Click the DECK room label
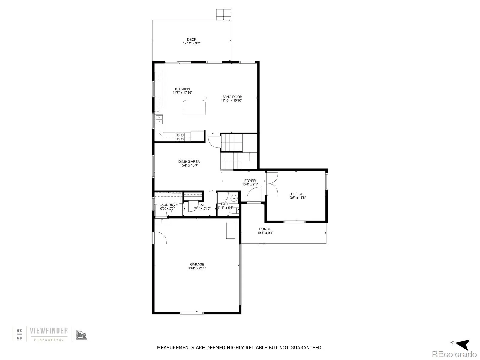pyautogui.click(x=192, y=39)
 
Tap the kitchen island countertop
pyautogui.click(x=194, y=107)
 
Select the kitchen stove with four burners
pyautogui.click(x=180, y=137)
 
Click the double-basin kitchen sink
pyautogui.click(x=159, y=120)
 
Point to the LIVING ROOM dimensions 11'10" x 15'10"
pyautogui.click(x=231, y=101)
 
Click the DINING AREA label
pyautogui.click(x=189, y=161)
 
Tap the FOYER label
pyautogui.click(x=250, y=181)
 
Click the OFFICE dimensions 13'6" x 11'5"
pyautogui.click(x=297, y=198)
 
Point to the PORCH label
pyautogui.click(x=265, y=229)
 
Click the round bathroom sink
pyautogui.click(x=234, y=198)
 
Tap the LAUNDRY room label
pyautogui.click(x=167, y=205)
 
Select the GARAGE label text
pyautogui.click(x=197, y=265)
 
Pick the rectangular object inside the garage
pyautogui.click(x=231, y=230)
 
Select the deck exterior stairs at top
pyautogui.click(x=224, y=14)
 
